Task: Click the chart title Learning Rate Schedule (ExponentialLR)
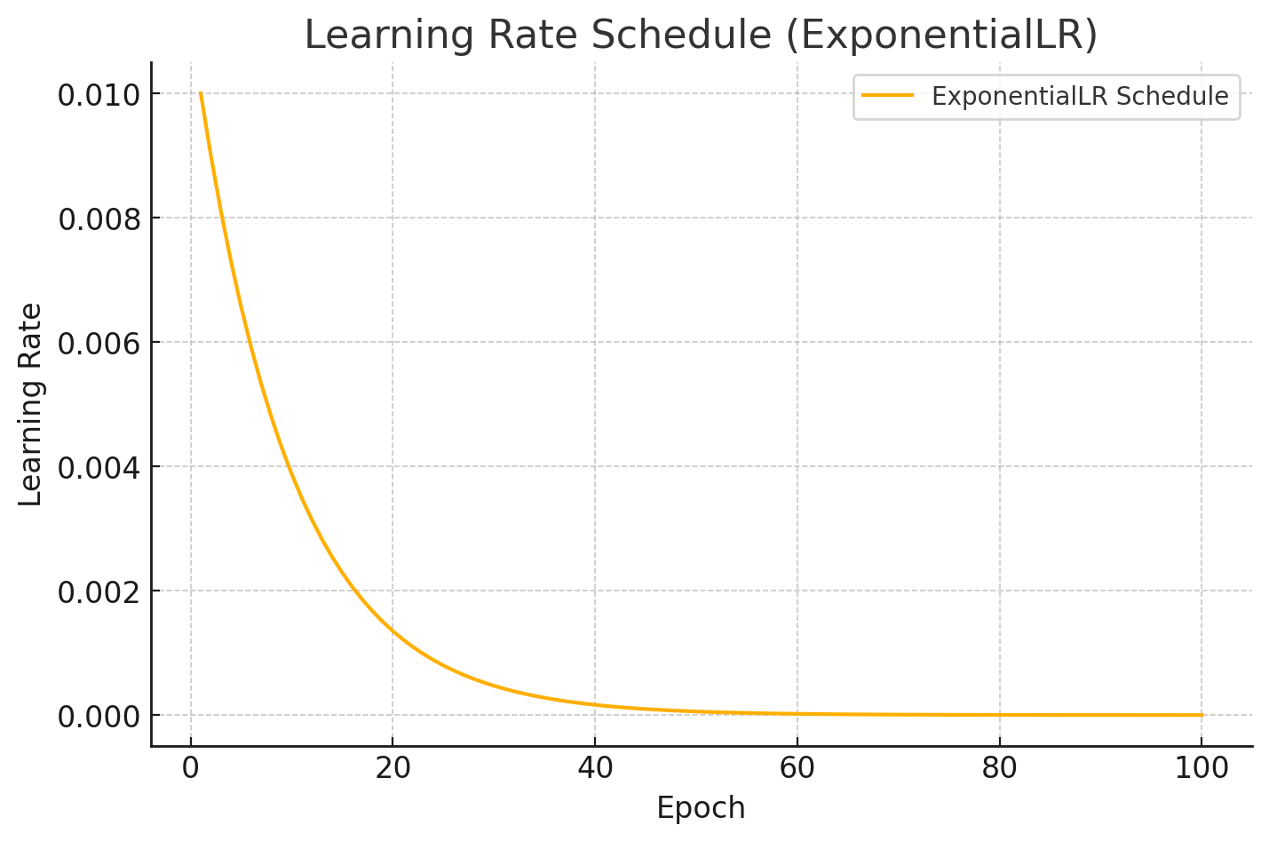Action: (701, 36)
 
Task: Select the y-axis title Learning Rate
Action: (31, 405)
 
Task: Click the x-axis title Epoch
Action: (701, 808)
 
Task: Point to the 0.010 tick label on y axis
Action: (99, 95)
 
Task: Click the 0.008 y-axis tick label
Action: (99, 219)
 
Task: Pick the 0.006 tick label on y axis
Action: (99, 344)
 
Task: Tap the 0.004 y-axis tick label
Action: (99, 468)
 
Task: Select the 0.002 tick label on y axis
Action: (99, 592)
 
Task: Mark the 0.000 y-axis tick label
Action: (99, 717)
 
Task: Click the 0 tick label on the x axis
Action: (191, 768)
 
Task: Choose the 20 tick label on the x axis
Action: (393, 768)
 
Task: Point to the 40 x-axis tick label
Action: (595, 768)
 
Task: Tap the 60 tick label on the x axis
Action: (797, 768)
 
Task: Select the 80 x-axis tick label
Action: (1000, 768)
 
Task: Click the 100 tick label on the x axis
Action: (1202, 768)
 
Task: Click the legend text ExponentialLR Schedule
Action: (1080, 97)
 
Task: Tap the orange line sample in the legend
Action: (888, 96)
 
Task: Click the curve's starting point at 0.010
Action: (201, 93)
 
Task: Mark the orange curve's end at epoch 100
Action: (1202, 715)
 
